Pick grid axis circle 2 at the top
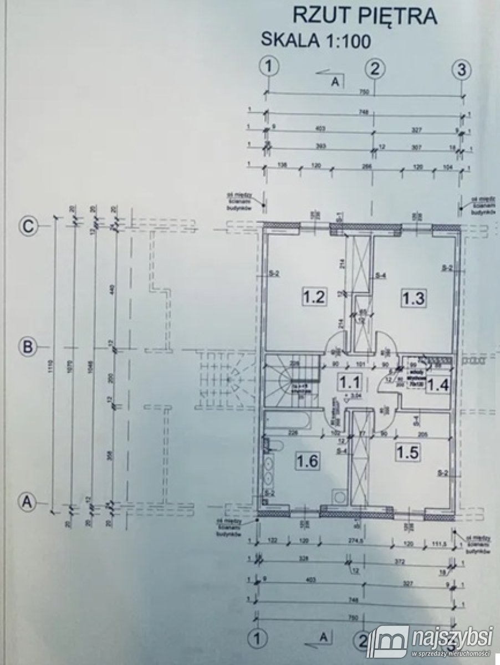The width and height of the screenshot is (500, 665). [375, 68]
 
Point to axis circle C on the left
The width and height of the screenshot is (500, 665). [27, 226]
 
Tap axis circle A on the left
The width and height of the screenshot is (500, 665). [26, 501]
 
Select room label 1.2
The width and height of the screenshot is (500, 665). [313, 296]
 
